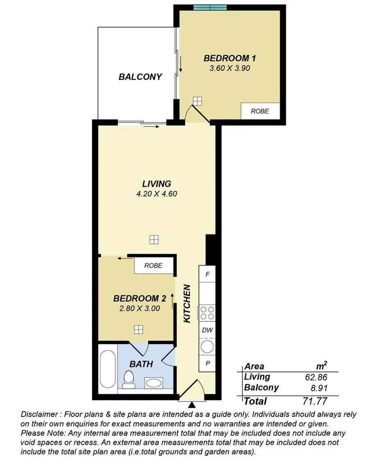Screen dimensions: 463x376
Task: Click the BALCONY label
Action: click(x=140, y=77)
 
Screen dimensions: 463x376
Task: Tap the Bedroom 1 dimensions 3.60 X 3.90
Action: click(x=230, y=68)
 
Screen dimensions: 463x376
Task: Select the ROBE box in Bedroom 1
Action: click(x=260, y=111)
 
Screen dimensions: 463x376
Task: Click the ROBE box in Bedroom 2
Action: click(x=153, y=266)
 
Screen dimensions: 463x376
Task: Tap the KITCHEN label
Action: click(x=187, y=304)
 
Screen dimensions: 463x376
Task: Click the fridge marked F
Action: click(x=208, y=274)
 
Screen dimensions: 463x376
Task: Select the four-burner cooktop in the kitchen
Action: click(x=207, y=313)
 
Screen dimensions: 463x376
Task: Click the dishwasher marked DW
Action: click(x=207, y=330)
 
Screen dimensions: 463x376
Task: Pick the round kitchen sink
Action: click(x=207, y=347)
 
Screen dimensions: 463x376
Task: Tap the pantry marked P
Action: click(x=208, y=363)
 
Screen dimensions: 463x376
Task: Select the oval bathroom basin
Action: click(x=153, y=382)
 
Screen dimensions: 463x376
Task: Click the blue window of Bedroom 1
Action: click(x=210, y=7)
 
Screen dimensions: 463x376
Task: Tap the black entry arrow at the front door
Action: click(x=192, y=405)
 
